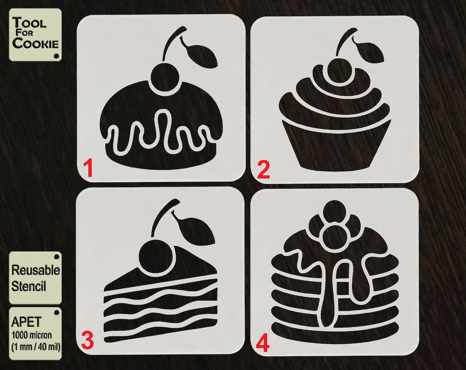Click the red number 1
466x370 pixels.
[x=88, y=169]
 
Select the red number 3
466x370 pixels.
[x=87, y=341]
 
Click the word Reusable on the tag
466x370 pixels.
[x=35, y=270]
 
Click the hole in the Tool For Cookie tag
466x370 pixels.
[x=57, y=56]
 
